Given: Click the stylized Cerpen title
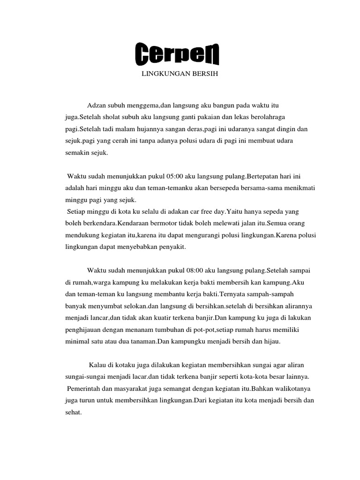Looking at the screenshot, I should tap(177, 55).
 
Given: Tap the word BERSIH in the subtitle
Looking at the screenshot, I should tap(205, 74).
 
